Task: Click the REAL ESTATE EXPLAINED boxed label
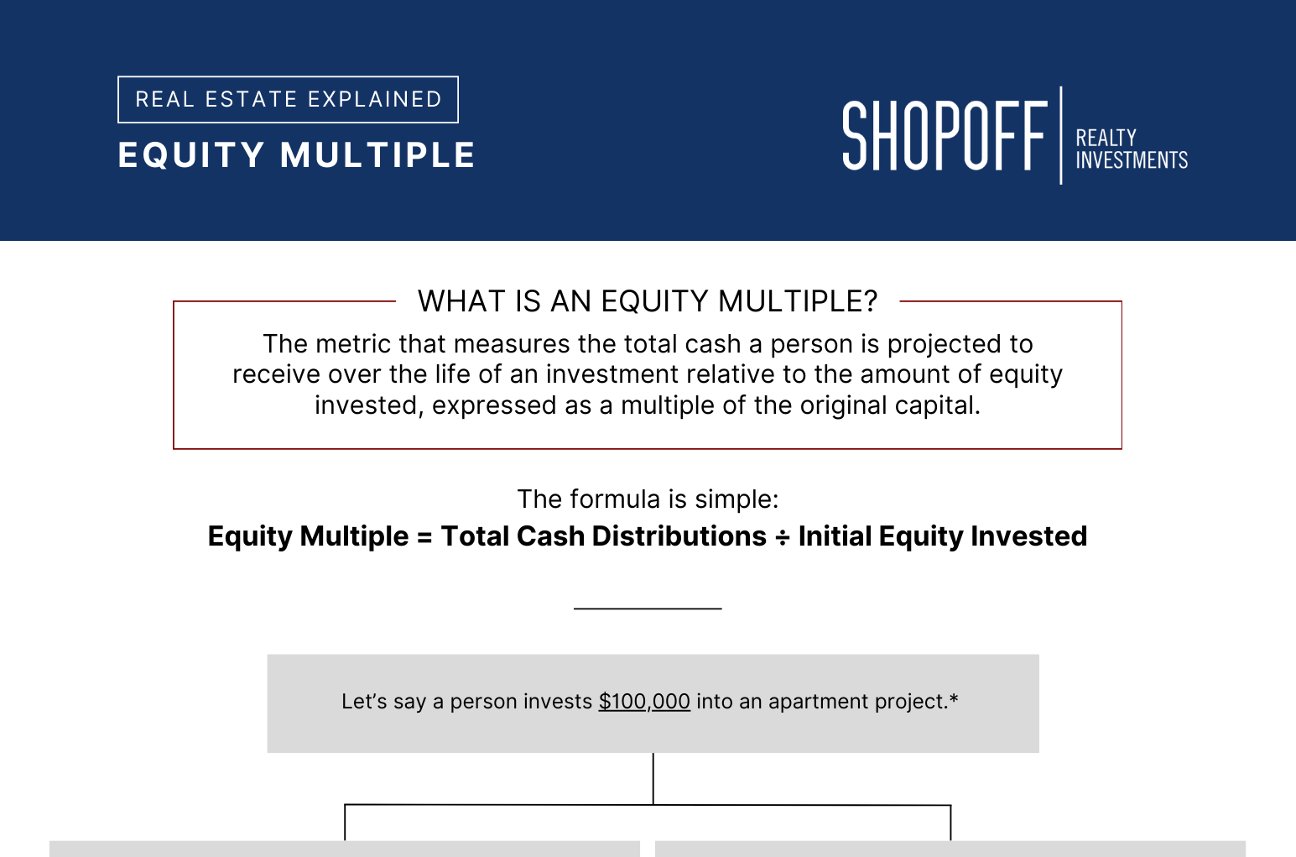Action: tap(288, 100)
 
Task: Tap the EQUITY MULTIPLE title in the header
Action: tap(296, 155)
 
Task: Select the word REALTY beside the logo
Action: tap(1106, 138)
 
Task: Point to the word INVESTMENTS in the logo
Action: tap(1132, 159)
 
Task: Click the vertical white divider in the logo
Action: tap(1061, 135)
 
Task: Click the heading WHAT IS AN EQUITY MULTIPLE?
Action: tap(648, 301)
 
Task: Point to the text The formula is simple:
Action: tap(648, 499)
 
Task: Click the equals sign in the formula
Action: tap(424, 537)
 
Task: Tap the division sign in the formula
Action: tap(783, 537)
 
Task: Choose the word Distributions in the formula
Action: tap(679, 536)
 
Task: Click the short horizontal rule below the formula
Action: tap(648, 609)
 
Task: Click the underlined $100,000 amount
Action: tap(644, 702)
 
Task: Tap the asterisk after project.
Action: tap(954, 698)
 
